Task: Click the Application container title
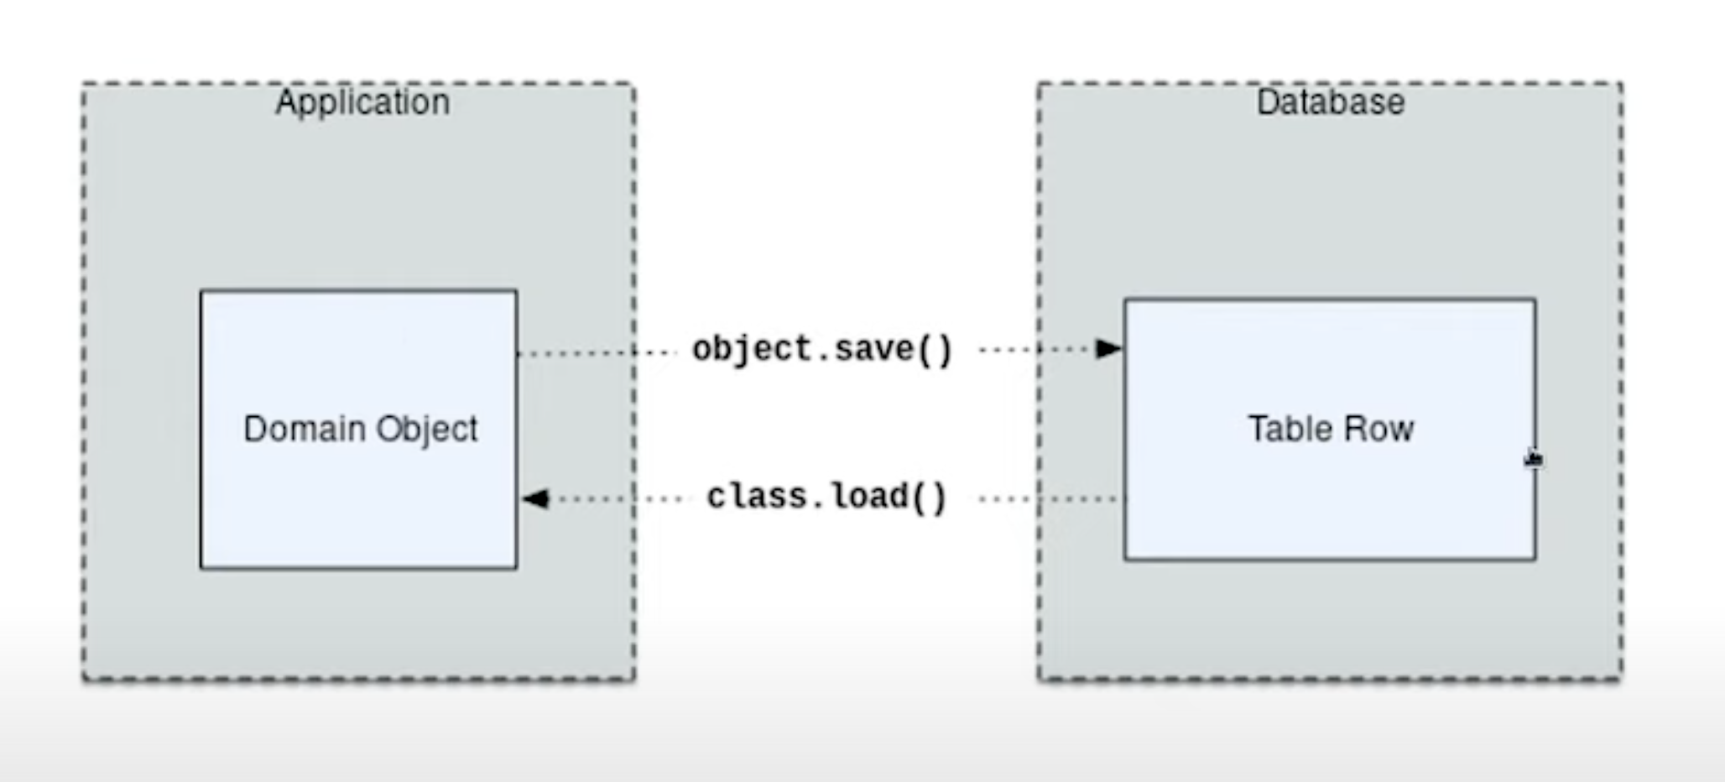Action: (362, 102)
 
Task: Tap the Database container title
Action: (1330, 102)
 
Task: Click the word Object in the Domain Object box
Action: (426, 429)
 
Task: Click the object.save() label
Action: (822, 349)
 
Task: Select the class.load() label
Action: (826, 497)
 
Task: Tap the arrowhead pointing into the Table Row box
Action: (1108, 348)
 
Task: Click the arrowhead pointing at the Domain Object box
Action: (535, 499)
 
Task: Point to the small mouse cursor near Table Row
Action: (1533, 459)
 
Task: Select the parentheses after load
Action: (929, 497)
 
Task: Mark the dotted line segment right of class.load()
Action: (1049, 499)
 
